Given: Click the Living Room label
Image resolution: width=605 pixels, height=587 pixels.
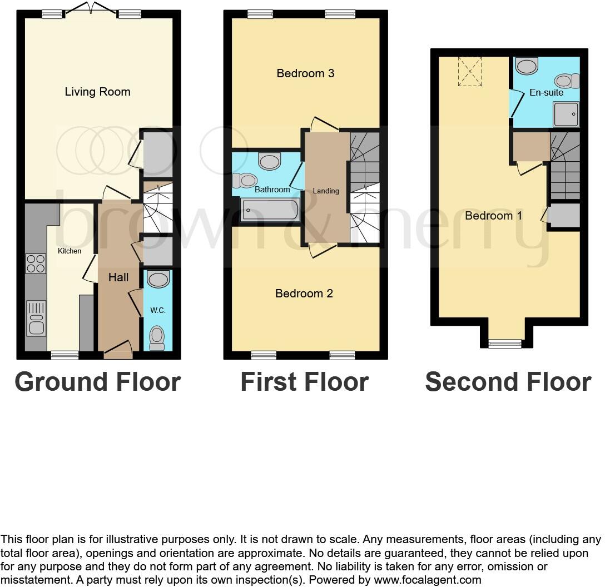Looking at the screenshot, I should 97,92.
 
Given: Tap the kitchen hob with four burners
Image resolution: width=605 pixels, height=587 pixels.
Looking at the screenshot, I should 36,263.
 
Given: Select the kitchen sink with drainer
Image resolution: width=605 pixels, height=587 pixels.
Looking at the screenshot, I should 36,318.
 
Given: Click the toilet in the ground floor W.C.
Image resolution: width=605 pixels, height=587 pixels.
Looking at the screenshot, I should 157,337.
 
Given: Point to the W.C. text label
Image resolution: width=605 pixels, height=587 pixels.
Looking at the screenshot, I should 158,310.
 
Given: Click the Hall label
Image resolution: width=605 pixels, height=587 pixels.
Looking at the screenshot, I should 118,277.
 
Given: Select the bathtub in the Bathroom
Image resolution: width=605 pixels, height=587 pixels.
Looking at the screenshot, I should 270,210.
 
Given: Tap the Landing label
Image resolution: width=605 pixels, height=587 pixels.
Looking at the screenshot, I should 326,191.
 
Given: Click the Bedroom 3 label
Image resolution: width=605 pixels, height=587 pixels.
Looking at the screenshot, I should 305,73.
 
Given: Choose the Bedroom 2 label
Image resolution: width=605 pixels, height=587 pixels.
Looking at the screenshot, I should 304,293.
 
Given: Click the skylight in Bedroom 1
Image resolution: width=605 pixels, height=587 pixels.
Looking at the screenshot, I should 470,71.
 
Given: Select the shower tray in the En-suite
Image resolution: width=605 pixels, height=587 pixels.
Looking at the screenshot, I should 566,115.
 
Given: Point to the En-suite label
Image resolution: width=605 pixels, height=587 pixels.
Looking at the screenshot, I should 546,93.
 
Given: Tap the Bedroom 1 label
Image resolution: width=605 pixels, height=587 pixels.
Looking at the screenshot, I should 493,216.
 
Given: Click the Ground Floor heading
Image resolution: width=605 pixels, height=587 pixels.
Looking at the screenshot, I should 97,382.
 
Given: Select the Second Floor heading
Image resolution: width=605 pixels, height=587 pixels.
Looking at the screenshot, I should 508,382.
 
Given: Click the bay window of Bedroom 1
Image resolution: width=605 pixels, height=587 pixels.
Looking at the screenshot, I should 505,344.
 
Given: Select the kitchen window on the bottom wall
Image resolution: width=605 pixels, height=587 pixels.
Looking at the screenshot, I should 65,355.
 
